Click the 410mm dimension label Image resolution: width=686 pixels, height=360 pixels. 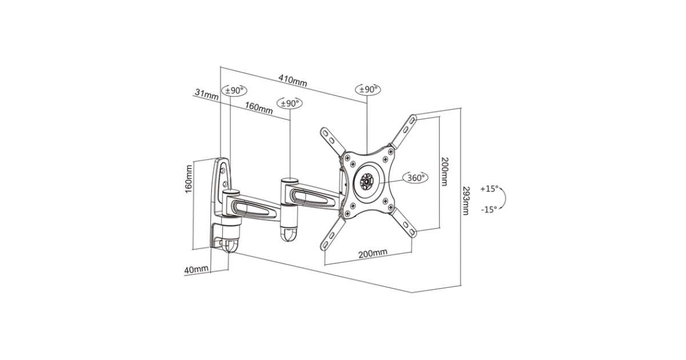[x=293, y=80]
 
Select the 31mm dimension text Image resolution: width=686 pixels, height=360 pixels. [x=207, y=94]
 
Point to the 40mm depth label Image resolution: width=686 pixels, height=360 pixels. [x=196, y=270]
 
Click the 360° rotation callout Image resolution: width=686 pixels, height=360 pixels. [x=415, y=178]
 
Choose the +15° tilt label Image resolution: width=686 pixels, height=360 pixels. [x=489, y=189]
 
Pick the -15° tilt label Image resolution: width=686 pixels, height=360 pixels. [x=489, y=210]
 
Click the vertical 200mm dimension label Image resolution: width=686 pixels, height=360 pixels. [x=444, y=171]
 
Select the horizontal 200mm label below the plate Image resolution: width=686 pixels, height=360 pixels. [x=373, y=253]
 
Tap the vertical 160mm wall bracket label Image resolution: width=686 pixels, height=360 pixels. [x=189, y=179]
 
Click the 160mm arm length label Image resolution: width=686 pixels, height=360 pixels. [x=259, y=107]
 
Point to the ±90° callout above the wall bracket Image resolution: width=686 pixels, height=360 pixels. [x=234, y=91]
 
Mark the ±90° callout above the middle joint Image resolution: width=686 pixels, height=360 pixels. [x=289, y=103]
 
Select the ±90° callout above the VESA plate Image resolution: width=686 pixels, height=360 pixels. [x=368, y=89]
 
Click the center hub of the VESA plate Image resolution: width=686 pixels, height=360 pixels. [x=366, y=181]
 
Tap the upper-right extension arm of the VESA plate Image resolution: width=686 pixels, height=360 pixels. [x=403, y=131]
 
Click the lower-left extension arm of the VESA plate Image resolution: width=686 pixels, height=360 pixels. [x=333, y=234]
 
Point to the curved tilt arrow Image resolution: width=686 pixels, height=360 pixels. [x=503, y=199]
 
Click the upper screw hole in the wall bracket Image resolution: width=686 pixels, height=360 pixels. [x=223, y=170]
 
